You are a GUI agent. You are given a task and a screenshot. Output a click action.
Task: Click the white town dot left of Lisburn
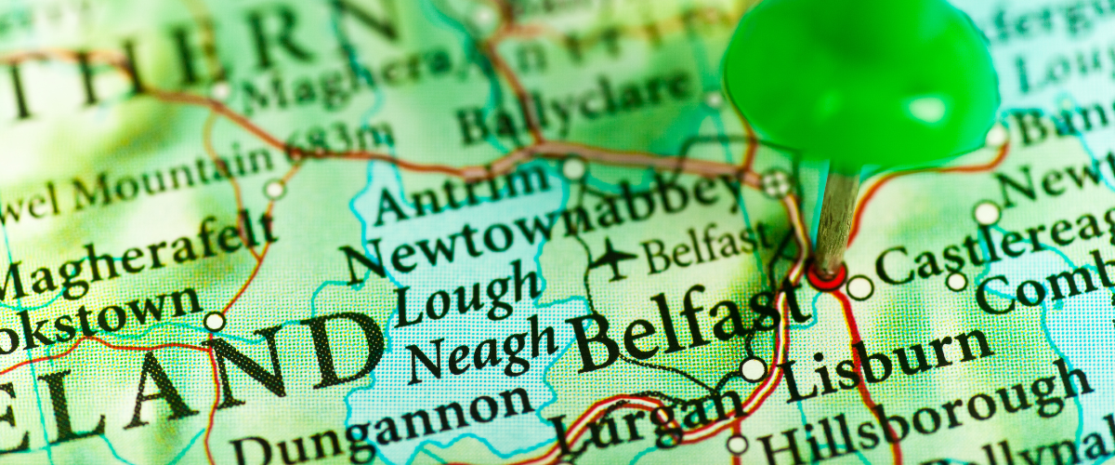click(x=754, y=369)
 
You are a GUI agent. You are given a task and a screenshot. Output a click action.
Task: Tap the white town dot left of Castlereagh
click(x=860, y=287)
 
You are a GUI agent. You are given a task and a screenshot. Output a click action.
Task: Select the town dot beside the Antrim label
click(x=574, y=168)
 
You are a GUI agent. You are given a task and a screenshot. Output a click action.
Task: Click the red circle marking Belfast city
click(x=826, y=275)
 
